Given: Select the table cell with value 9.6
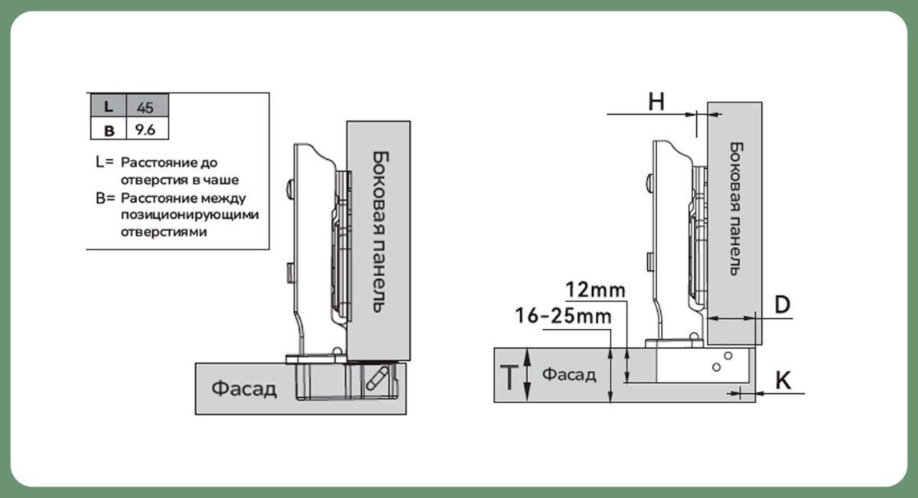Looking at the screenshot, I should click(x=145, y=129).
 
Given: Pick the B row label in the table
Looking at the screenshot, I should click(x=108, y=130).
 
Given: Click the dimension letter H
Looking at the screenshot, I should click(x=656, y=102).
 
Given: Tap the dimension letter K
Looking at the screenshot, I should click(x=783, y=380).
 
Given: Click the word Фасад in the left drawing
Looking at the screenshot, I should click(x=243, y=389).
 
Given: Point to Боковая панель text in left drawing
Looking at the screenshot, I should click(x=379, y=230).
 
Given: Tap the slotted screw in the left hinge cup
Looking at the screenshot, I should click(x=378, y=379).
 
